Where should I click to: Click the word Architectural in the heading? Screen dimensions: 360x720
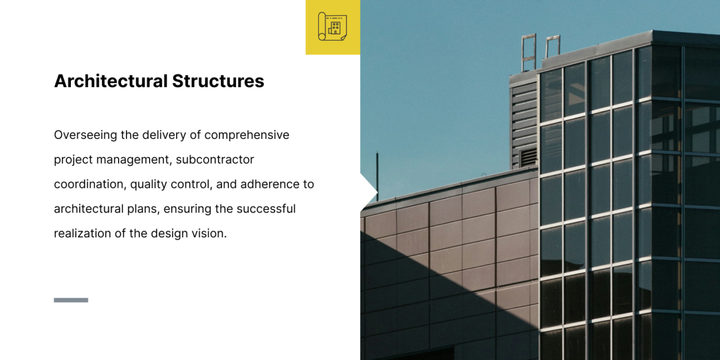pos(111,81)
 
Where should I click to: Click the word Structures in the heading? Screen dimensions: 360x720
pos(218,81)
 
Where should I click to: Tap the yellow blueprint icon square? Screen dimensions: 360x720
pos(332,27)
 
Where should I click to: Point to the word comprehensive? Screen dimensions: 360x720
pos(247,135)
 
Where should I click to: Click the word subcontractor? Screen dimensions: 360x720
pos(215,160)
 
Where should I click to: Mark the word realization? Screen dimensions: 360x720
pos(83,233)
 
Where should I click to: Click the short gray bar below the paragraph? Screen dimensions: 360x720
pos(71,300)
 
